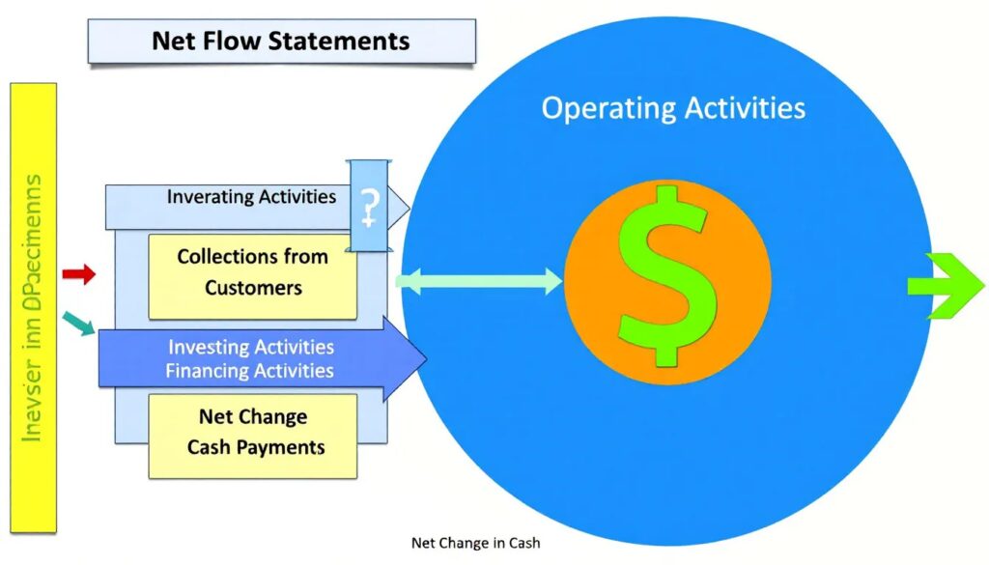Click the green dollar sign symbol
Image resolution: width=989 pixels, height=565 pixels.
pos(666,276)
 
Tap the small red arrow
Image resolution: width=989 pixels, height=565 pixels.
pos(78,275)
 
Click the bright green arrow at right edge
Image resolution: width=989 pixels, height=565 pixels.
pos(945,285)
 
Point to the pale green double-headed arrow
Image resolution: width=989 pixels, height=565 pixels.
pos(479,282)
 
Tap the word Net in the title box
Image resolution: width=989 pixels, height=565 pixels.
pos(174,42)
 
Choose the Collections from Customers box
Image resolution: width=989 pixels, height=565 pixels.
pos(252,275)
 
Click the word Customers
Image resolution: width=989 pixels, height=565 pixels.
pos(252,288)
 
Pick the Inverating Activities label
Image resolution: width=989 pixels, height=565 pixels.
pos(251,197)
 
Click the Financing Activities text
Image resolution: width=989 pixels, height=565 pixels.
pos(250,371)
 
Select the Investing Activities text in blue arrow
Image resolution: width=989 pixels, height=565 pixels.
pos(250,347)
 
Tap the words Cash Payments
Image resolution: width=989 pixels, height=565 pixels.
pos(256,447)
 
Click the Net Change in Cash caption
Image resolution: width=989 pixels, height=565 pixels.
pos(475,543)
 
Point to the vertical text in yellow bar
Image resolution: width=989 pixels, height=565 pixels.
pos(33,308)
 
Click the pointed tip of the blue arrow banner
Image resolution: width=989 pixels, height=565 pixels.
pos(423,359)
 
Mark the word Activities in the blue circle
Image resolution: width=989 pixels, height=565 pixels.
pos(745,107)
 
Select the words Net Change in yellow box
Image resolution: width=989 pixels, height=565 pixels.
pos(252,417)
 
